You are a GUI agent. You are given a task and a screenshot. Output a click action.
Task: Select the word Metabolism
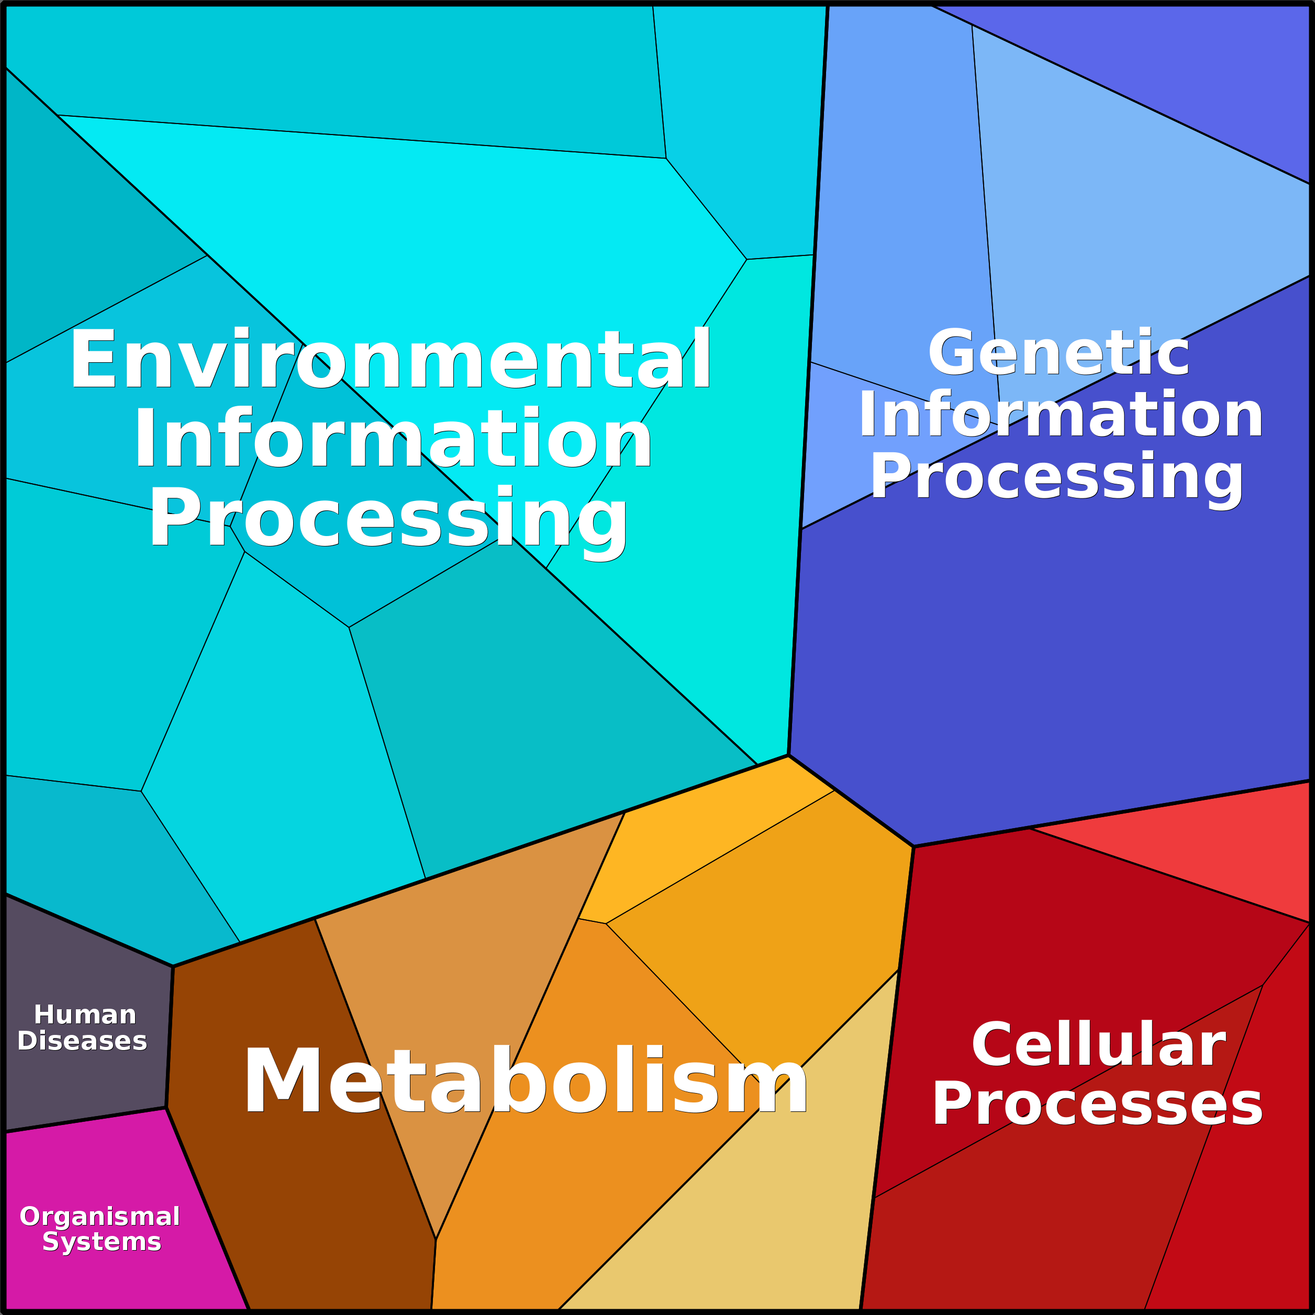(526, 1081)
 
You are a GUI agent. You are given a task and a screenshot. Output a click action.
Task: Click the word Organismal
(100, 1216)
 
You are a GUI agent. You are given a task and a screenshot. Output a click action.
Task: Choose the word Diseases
(82, 1041)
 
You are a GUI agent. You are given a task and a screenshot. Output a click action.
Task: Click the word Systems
(102, 1242)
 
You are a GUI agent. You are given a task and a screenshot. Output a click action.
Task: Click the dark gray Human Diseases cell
(85, 1021)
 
